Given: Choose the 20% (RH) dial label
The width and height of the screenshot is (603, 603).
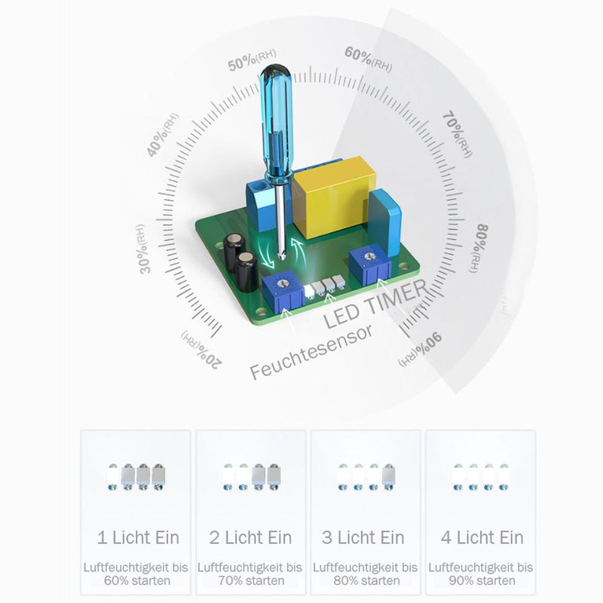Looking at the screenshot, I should pos(200,348).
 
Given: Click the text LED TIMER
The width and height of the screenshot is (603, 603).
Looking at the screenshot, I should pos(375,305).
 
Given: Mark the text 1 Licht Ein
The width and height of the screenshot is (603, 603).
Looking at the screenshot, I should pos(139,537).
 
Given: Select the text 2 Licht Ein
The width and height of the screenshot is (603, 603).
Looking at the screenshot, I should pos(250,537).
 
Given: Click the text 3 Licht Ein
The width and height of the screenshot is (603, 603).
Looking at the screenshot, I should pos(363,537).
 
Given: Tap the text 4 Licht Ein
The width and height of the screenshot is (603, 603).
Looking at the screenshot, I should pos(482,537).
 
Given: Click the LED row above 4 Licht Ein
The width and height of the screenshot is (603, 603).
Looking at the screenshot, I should pos(479,476).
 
